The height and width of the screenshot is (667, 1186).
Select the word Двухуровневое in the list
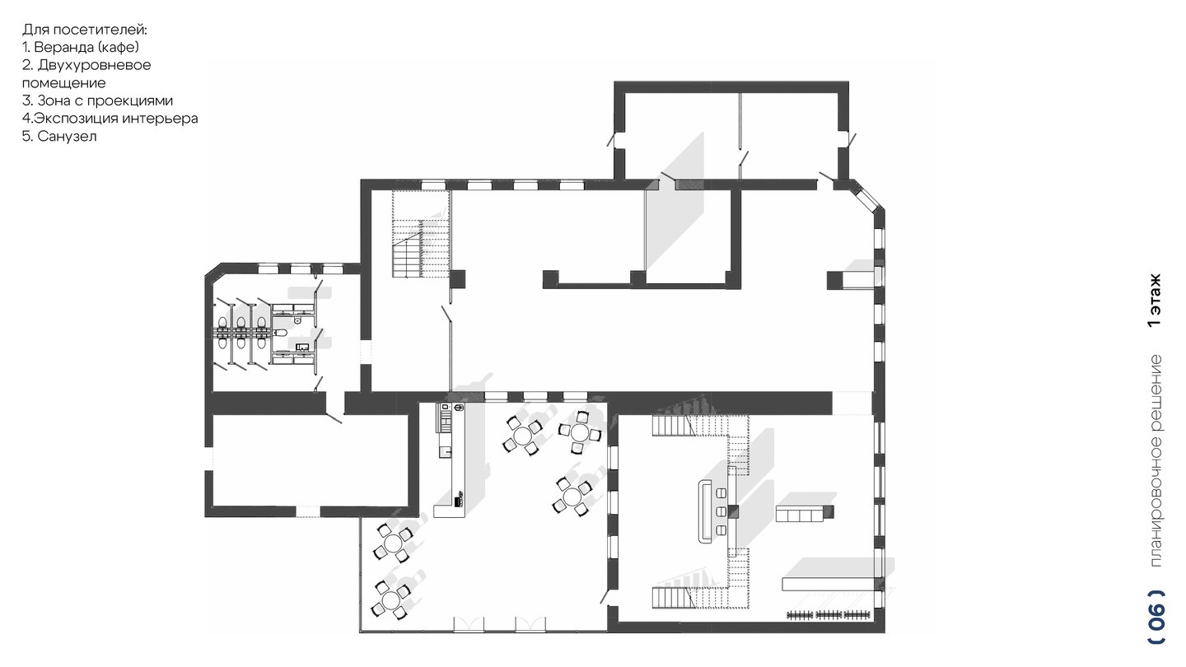coord(94,65)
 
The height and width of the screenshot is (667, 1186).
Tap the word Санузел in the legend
coord(68,136)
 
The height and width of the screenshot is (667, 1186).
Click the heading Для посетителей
coord(85,30)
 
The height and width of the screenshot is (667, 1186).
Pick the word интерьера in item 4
coord(161,119)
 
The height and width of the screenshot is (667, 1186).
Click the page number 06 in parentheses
coord(1157,625)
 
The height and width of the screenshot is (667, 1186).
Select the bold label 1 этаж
coord(1155,300)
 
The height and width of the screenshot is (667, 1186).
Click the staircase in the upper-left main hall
coord(421,234)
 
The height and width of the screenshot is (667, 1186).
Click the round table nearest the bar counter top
coord(523,436)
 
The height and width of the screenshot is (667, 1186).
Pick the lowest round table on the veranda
coord(391,599)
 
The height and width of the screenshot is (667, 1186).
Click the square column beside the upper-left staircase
coord(457,279)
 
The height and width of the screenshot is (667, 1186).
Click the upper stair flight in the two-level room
coord(674,425)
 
